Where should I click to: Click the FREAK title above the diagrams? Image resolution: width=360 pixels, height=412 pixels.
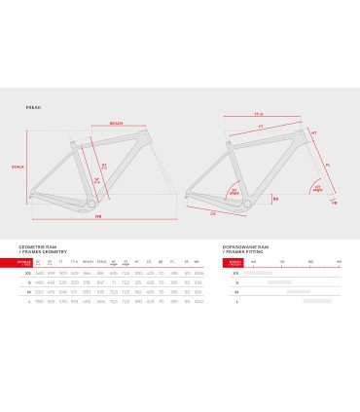click(x=33, y=109)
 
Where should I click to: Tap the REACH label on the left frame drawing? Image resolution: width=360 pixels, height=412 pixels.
click(x=116, y=125)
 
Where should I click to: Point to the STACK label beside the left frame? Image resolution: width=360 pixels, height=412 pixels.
click(x=17, y=167)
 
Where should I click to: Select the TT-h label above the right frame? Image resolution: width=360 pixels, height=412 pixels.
click(x=259, y=115)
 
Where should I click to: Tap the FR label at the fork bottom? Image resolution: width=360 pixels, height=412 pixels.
click(x=334, y=205)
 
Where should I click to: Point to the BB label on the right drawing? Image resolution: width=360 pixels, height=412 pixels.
click(x=275, y=198)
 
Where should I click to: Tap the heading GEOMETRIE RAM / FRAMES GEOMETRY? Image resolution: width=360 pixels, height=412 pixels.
click(x=37, y=250)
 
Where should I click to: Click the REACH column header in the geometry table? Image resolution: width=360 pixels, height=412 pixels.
click(x=88, y=263)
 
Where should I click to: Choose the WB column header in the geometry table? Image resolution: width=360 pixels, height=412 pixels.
click(x=198, y=263)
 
